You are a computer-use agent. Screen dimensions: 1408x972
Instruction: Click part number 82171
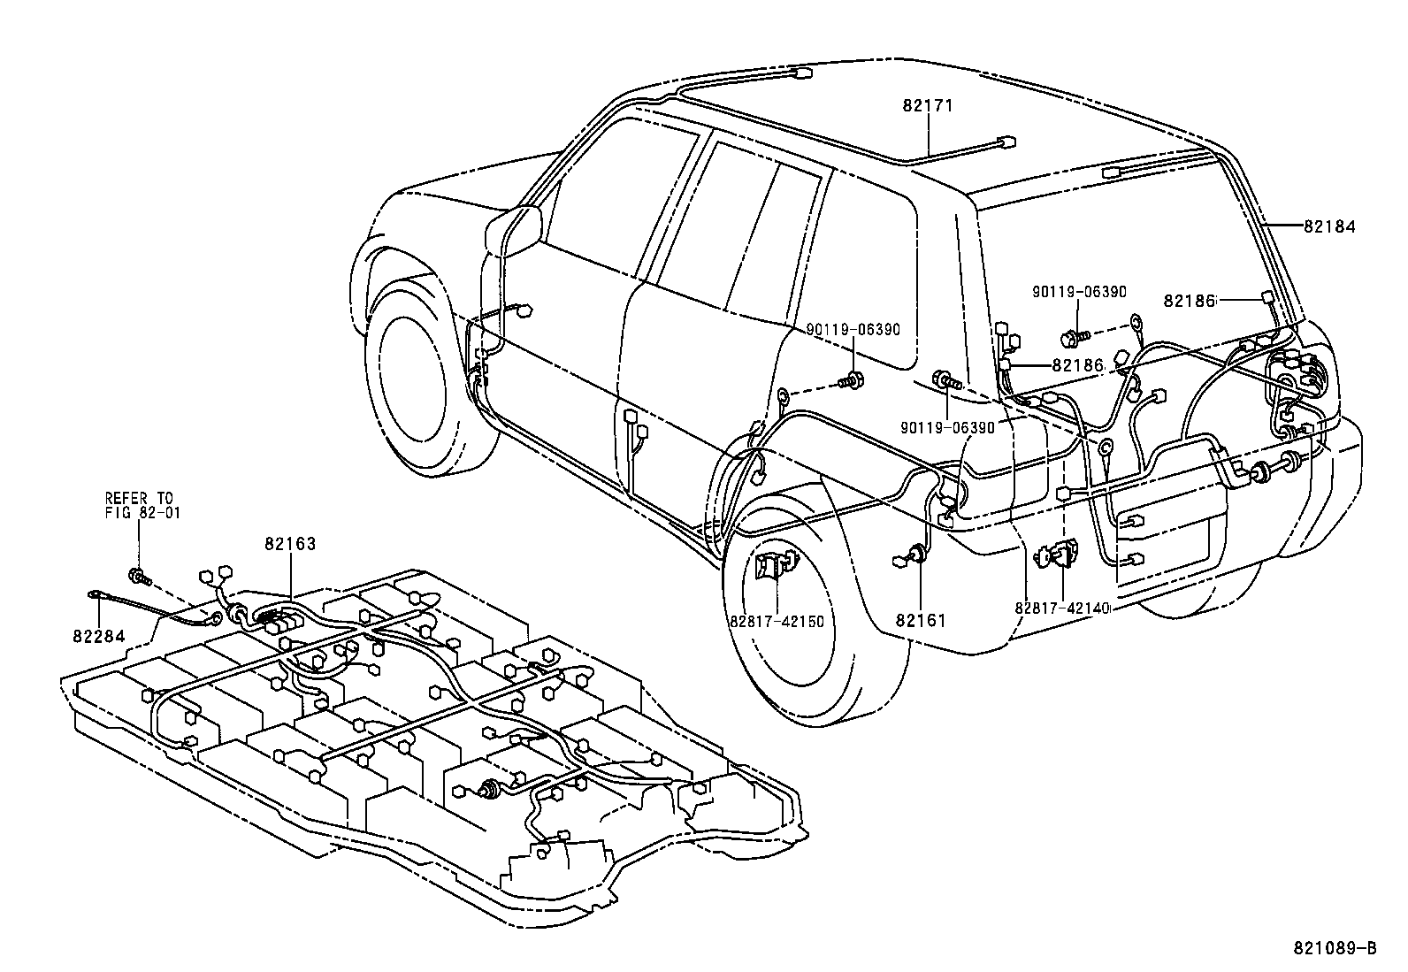click(x=928, y=106)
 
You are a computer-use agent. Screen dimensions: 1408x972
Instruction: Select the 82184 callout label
click(x=1329, y=227)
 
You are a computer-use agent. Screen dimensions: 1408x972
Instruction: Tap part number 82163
click(x=290, y=544)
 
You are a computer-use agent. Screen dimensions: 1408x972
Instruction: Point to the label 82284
click(x=99, y=636)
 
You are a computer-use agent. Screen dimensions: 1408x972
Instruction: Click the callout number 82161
click(x=921, y=621)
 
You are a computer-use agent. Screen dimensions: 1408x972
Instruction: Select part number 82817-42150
click(x=777, y=621)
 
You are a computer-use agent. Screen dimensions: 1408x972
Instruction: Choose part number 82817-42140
click(x=1061, y=608)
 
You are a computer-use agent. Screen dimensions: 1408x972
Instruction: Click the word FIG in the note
click(x=117, y=513)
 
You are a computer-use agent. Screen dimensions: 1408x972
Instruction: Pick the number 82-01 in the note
click(x=159, y=513)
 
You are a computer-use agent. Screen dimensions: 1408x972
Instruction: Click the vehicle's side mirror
click(x=513, y=230)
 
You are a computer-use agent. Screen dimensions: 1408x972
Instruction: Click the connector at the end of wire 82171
click(x=1006, y=142)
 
